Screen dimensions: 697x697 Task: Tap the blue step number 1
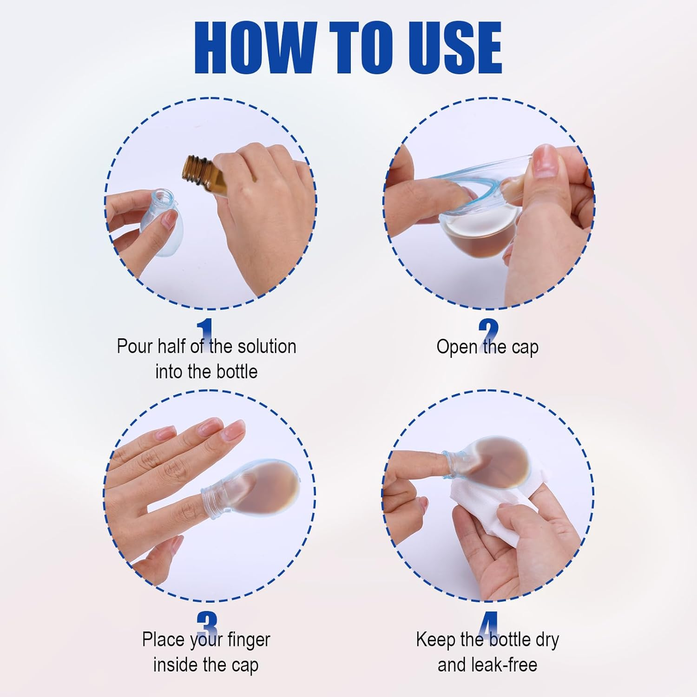[204, 331]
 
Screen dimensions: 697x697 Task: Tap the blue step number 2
[488, 332]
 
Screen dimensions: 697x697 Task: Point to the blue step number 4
[488, 624]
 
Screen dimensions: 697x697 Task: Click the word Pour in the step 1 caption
[135, 347]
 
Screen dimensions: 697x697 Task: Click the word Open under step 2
[456, 348]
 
